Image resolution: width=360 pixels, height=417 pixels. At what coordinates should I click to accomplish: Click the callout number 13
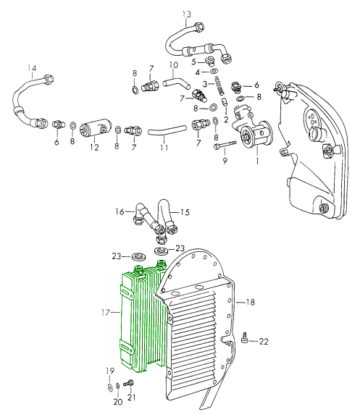187,14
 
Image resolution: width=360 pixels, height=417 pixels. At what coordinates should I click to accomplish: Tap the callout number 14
32,68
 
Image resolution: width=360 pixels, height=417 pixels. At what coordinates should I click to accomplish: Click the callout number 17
106,312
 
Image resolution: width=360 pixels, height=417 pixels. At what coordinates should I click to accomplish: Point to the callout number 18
250,302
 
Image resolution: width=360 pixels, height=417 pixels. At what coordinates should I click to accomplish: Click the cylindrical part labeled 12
94,130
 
